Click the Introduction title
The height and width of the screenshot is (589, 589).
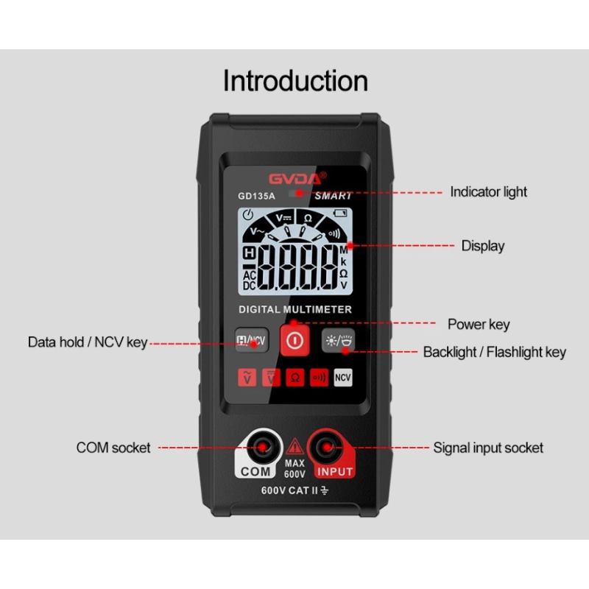tap(295, 80)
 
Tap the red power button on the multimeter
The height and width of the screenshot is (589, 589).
tap(295, 340)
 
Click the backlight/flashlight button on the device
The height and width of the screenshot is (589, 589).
tap(338, 340)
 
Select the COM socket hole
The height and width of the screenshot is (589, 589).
tap(262, 447)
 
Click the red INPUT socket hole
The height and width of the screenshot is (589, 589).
tap(327, 447)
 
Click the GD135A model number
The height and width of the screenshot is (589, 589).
tap(256, 196)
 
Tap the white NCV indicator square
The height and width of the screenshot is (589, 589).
tap(343, 377)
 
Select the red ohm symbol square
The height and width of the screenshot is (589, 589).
tap(295, 377)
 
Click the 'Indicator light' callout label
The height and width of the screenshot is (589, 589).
tap(488, 192)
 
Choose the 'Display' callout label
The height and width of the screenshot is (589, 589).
tap(483, 246)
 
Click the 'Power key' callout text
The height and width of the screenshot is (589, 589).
tap(479, 324)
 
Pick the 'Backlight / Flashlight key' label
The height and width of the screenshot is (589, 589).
tap(494, 353)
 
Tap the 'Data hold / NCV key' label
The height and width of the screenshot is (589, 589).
tap(88, 342)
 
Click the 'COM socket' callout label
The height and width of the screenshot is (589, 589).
tap(113, 448)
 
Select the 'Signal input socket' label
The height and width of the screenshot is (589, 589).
tap(488, 448)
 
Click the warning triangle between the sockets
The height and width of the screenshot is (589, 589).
tap(295, 446)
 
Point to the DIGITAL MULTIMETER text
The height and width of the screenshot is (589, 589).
tap(295, 309)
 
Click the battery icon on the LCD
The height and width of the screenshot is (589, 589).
tap(340, 214)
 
